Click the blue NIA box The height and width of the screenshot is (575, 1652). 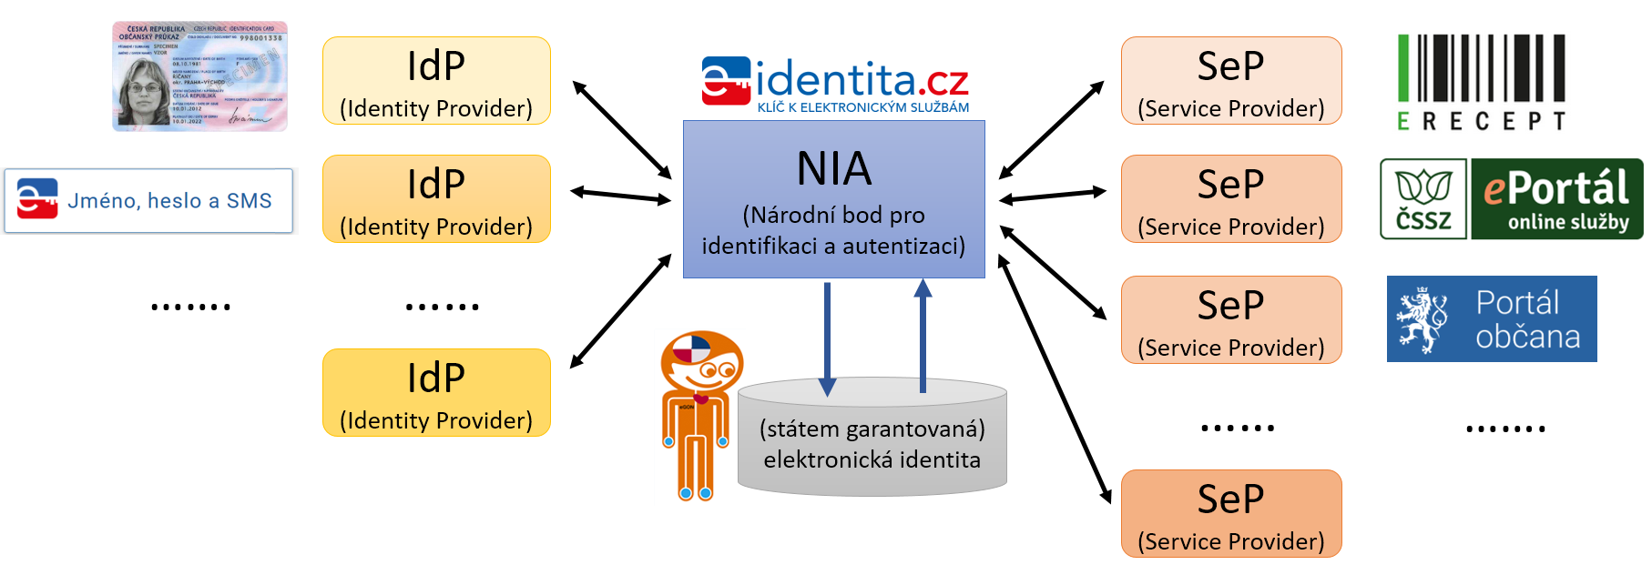833,199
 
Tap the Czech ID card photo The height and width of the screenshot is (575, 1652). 199,76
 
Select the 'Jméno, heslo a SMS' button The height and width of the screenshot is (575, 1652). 148,200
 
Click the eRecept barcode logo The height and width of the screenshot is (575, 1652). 1481,82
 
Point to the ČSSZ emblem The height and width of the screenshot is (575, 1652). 1423,198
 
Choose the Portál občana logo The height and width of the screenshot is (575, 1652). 1491,318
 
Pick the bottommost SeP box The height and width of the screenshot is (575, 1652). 1230,513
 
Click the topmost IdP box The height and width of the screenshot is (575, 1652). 436,81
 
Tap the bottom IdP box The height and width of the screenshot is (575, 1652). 436,392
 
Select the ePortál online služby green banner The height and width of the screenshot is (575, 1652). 1556,198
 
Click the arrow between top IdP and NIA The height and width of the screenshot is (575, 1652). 621,129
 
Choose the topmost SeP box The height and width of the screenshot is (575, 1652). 1230,81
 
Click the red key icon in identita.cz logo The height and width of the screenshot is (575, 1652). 725,81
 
